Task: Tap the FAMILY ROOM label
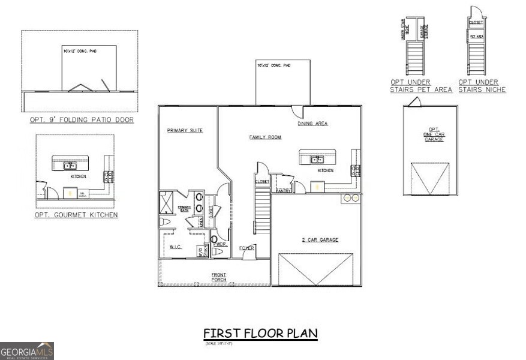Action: (x=265, y=137)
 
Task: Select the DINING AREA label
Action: (x=312, y=124)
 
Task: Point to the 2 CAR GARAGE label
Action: (x=320, y=240)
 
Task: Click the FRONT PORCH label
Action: (x=218, y=277)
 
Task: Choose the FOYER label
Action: (x=247, y=248)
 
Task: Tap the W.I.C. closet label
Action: (x=175, y=246)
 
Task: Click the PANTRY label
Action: (x=282, y=191)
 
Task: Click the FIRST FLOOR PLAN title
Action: (x=260, y=333)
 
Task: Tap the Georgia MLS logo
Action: (x=27, y=350)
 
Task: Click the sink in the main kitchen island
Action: (x=317, y=160)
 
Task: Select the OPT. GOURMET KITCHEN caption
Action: (x=76, y=215)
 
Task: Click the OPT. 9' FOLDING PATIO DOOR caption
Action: (x=82, y=120)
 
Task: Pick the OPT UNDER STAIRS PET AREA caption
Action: (x=413, y=86)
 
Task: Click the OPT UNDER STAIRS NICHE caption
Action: (x=482, y=86)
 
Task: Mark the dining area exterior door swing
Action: (x=298, y=112)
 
